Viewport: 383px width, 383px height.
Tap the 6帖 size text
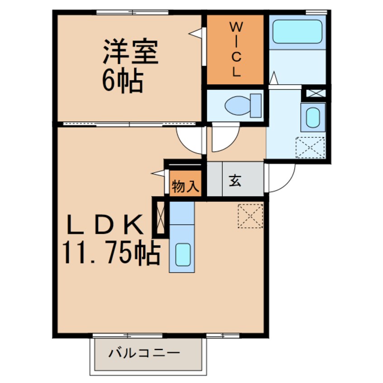point(122,82)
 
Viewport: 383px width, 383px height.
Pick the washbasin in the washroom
point(312,117)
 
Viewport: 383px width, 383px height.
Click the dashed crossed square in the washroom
point(310,147)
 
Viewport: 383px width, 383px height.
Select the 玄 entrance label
point(235,181)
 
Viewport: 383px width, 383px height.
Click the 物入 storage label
point(185,186)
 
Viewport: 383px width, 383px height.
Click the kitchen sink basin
point(182,254)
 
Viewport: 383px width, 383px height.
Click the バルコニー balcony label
point(144,353)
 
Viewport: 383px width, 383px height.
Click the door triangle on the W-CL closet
point(196,34)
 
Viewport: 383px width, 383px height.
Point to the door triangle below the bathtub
point(273,78)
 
